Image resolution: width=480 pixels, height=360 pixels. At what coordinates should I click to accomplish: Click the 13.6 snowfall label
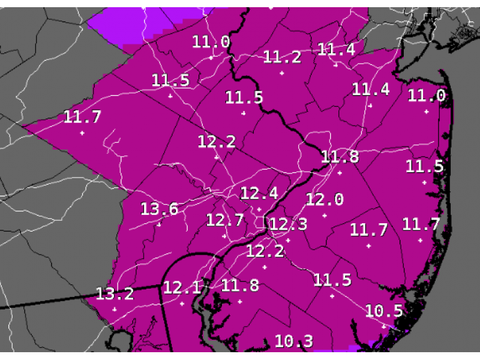point(160,209)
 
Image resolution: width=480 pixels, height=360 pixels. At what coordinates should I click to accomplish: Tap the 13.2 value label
point(115,294)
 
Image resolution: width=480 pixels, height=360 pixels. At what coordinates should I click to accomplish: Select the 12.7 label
point(225,220)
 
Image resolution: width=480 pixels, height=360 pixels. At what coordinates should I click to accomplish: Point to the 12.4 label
point(259,194)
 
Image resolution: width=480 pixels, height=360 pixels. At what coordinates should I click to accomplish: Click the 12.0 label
point(325,200)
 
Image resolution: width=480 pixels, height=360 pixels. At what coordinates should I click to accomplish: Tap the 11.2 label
point(282,58)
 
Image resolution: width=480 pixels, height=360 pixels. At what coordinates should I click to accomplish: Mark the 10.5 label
point(383,311)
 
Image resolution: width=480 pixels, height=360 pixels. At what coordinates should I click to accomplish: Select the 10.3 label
point(294,341)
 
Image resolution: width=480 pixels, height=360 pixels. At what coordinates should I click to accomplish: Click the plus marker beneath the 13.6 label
point(159,225)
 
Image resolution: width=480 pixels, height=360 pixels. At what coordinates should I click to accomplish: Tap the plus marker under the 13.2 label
point(114,310)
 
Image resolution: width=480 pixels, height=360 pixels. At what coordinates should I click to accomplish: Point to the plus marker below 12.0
point(325,215)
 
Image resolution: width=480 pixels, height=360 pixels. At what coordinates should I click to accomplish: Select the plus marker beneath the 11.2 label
point(282,73)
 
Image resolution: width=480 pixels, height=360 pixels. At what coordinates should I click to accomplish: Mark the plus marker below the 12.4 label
point(259,209)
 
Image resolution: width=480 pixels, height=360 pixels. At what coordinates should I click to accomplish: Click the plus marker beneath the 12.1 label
point(182,304)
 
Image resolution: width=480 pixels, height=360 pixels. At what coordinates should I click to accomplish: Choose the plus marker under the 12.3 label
point(288,241)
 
